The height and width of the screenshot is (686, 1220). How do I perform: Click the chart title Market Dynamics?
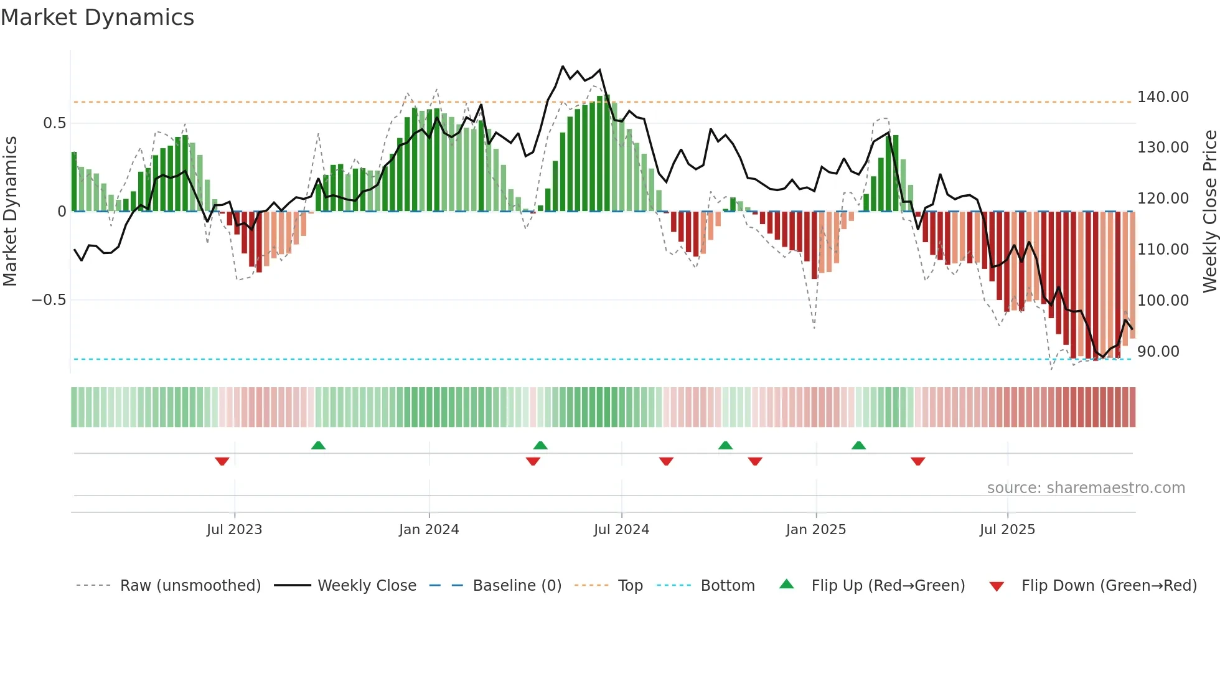tap(97, 17)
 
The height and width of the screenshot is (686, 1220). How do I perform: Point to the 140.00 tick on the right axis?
tap(1162, 97)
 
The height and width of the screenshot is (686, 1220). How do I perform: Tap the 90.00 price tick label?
tap(1158, 352)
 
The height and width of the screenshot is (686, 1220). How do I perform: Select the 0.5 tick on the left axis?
tap(55, 123)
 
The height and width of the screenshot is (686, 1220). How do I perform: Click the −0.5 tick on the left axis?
tap(49, 300)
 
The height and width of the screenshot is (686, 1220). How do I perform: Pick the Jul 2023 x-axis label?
tap(234, 530)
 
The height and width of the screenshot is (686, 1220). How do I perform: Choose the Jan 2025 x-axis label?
tap(815, 530)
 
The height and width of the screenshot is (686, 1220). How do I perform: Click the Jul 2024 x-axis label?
tap(621, 530)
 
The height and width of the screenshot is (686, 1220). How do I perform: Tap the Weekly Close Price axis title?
tap(1209, 211)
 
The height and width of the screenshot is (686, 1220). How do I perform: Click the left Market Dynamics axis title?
tap(10, 211)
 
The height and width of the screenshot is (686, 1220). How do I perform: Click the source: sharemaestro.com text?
tap(1086, 488)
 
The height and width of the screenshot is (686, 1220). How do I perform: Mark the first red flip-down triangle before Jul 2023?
tap(222, 461)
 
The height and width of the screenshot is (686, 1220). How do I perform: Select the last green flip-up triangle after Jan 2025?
tap(858, 445)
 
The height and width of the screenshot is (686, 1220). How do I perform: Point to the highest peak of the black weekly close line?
tap(563, 66)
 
